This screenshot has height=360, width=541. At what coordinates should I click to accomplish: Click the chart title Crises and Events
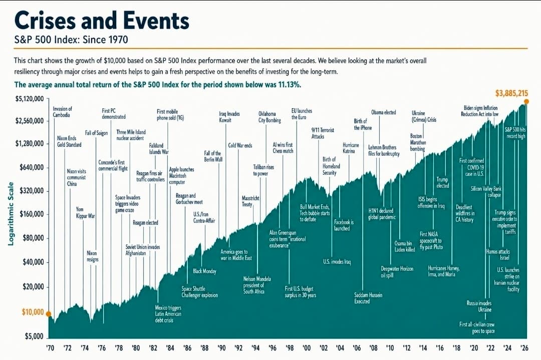[x=102, y=21]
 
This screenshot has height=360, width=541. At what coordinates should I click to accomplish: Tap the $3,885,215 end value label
[x=511, y=93]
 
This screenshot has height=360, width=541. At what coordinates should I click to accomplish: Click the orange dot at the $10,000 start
[x=49, y=314]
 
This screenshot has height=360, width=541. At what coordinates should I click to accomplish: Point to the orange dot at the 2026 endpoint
[x=526, y=101]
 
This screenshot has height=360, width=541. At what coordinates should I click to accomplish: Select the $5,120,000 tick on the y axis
[x=30, y=99]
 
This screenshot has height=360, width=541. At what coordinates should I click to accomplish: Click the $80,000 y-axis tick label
[x=34, y=238]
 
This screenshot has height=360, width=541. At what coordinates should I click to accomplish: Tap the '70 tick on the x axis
[x=51, y=348]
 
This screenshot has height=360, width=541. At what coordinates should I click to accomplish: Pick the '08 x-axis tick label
[x=373, y=348]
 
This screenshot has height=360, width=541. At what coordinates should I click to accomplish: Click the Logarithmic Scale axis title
[x=11, y=214]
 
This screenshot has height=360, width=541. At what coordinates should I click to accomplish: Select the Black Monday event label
[x=204, y=271]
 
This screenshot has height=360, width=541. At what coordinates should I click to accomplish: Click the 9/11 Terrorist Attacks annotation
[x=323, y=133]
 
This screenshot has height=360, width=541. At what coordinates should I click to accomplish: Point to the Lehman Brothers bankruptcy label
[x=384, y=150]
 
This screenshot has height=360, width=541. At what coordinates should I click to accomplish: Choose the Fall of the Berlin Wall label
[x=213, y=156]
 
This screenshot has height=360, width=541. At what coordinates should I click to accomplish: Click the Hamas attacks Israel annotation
[x=498, y=254]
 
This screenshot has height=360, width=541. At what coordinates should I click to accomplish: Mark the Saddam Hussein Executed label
[x=368, y=298]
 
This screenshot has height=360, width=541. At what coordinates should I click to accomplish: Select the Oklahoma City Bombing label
[x=269, y=117]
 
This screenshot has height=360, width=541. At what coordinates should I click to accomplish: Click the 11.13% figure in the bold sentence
[x=289, y=85]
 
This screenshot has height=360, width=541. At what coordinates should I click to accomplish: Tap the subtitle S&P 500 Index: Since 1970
[x=71, y=40]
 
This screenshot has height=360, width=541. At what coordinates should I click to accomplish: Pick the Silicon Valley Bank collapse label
[x=486, y=192]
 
